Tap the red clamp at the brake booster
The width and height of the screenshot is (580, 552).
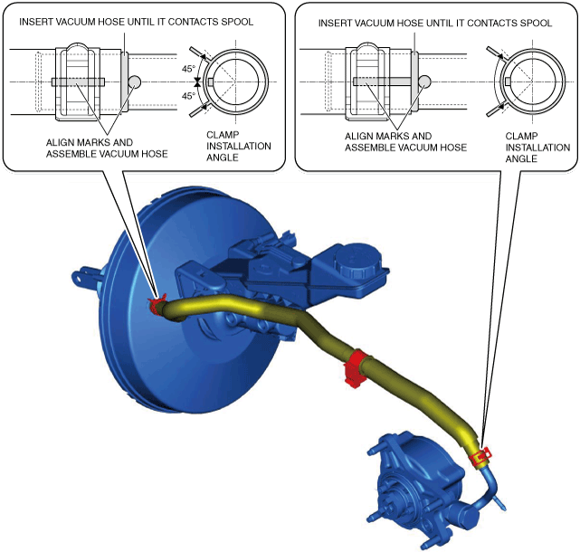click(x=158, y=304)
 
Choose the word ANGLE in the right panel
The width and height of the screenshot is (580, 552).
click(x=521, y=158)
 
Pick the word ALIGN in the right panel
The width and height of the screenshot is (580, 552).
click(x=360, y=136)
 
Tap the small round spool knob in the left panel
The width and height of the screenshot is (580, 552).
click(x=135, y=81)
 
